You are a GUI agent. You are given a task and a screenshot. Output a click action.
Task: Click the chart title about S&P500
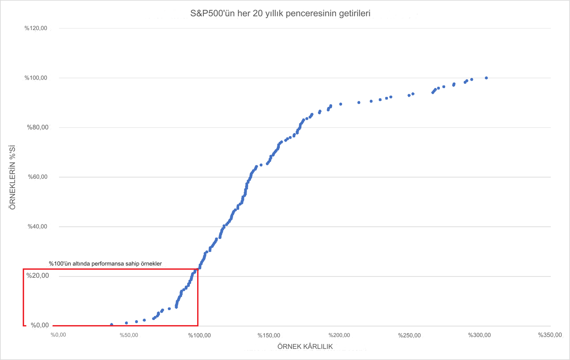pyautogui.click(x=280, y=13)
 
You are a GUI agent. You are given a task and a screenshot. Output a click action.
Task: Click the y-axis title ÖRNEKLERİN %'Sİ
pyautogui.click(x=13, y=177)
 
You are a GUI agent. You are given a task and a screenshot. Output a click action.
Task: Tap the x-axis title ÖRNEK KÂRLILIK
pyautogui.click(x=305, y=347)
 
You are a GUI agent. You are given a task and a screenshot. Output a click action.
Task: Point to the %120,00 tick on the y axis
pyautogui.click(x=36, y=28)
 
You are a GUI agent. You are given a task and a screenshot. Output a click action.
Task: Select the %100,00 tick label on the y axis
pyautogui.click(x=36, y=78)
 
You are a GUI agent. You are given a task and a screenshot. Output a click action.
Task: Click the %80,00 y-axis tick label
pyautogui.click(x=38, y=127)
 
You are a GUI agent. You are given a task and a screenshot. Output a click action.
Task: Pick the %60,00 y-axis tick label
pyautogui.click(x=38, y=177)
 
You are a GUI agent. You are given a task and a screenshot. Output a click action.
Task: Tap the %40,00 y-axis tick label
pyautogui.click(x=38, y=226)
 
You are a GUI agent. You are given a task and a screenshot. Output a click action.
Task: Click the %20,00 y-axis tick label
pyautogui.click(x=38, y=276)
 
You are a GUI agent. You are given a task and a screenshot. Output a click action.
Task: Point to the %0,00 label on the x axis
pyautogui.click(x=58, y=335)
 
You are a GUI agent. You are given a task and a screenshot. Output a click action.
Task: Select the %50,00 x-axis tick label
pyautogui.click(x=129, y=335)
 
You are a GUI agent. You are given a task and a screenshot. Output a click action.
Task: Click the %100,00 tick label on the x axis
pyautogui.click(x=199, y=335)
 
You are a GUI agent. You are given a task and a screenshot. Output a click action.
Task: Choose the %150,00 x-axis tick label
pyautogui.click(x=269, y=335)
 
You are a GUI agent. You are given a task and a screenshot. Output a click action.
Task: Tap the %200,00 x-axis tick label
pyautogui.click(x=339, y=335)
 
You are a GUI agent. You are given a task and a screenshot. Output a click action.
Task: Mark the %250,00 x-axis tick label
pyautogui.click(x=409, y=335)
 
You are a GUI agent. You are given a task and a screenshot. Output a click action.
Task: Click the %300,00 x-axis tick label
pyautogui.click(x=479, y=335)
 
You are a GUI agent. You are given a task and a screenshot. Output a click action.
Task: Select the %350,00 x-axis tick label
pyautogui.click(x=550, y=335)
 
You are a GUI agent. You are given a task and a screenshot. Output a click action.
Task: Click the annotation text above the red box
pyautogui.click(x=105, y=263)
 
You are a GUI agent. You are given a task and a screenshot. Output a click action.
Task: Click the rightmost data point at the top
pyautogui.click(x=486, y=78)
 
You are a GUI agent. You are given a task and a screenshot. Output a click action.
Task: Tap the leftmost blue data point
pyautogui.click(x=112, y=324)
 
